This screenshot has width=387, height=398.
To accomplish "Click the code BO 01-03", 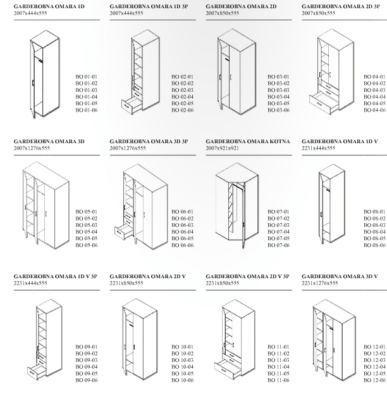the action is click(87, 90).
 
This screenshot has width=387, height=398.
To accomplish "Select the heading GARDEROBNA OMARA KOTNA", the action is click(248, 141).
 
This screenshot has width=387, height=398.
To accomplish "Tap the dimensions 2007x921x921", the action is click(222, 148).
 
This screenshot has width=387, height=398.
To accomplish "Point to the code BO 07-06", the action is click(278, 245).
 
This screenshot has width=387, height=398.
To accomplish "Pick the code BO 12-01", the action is click(374, 347).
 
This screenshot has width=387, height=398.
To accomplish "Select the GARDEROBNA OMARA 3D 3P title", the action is click(149, 141).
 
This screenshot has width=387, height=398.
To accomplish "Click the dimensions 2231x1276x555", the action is click(319, 283).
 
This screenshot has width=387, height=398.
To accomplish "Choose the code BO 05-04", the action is click(87, 232).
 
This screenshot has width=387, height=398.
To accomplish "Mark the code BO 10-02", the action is click(182, 354).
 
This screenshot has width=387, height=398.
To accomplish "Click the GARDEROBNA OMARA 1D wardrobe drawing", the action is click(45, 74).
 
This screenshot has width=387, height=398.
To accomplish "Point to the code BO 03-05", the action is click(278, 103).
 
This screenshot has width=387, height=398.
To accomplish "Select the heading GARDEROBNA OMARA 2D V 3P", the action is click(247, 276).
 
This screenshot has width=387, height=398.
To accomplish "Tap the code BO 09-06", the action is click(87, 380).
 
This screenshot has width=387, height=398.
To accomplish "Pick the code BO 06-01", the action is click(182, 212).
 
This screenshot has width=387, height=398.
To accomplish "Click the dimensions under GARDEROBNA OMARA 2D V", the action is click(126, 283).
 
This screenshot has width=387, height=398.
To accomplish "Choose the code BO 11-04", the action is click(278, 367).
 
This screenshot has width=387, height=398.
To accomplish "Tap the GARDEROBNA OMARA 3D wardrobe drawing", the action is click(46, 205).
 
